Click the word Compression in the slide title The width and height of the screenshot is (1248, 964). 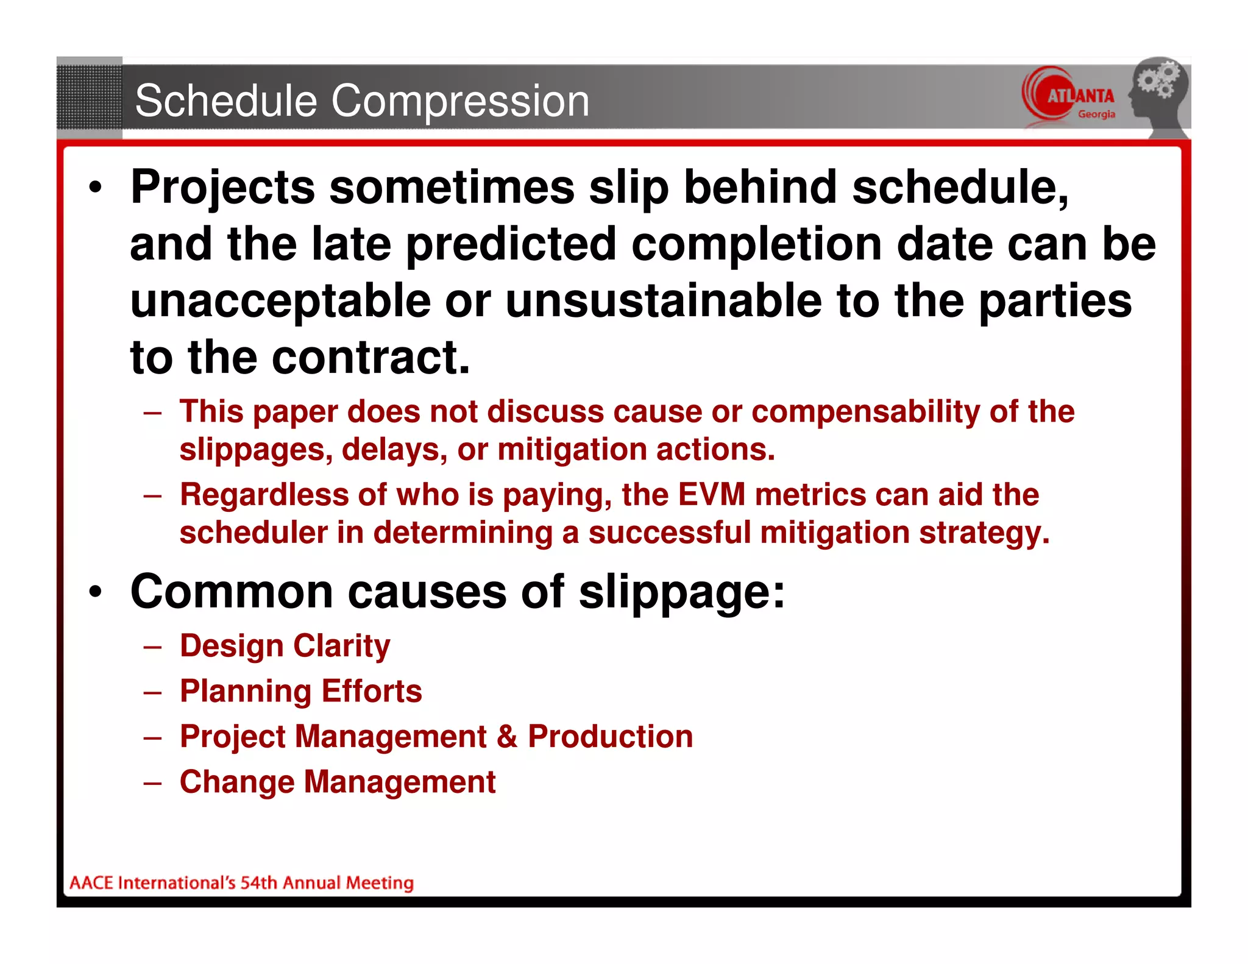[x=460, y=102]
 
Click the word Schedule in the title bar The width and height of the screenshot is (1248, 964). [x=226, y=101]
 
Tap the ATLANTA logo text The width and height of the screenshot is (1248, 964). [x=1080, y=96]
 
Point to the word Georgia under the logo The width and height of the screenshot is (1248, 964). [x=1096, y=115]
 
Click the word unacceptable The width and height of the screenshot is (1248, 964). [x=280, y=301]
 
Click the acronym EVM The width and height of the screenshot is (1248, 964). [x=711, y=494]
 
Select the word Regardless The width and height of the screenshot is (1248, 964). [x=264, y=494]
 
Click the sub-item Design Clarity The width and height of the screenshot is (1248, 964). [x=285, y=646]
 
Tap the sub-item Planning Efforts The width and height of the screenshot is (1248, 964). [x=300, y=691]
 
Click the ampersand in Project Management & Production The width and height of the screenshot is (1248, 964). [x=506, y=737]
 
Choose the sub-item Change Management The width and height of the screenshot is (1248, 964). [x=338, y=782]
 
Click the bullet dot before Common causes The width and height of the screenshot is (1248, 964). [x=95, y=592]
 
